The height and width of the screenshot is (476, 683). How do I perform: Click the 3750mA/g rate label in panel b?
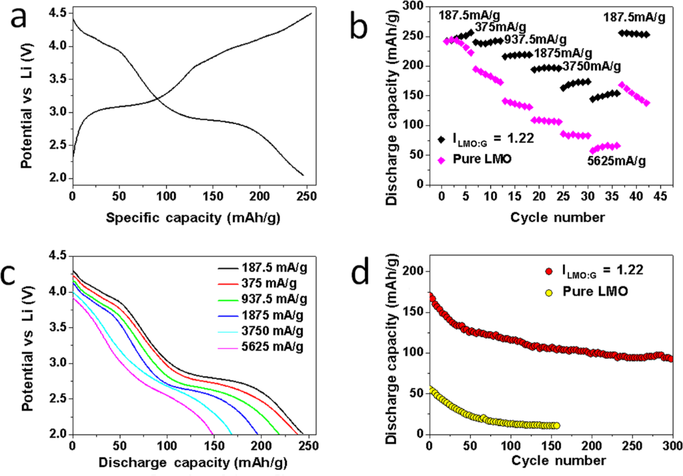(x=592, y=66)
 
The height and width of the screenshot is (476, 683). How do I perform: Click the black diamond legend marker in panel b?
(x=441, y=139)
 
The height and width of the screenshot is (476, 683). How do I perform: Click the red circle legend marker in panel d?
(x=549, y=271)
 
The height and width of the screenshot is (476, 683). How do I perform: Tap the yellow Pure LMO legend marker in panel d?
(x=549, y=292)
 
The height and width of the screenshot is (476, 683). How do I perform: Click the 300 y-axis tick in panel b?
(x=418, y=7)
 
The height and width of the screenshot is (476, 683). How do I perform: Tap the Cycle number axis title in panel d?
(x=550, y=461)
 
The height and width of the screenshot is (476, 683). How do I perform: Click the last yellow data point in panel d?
(x=556, y=425)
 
